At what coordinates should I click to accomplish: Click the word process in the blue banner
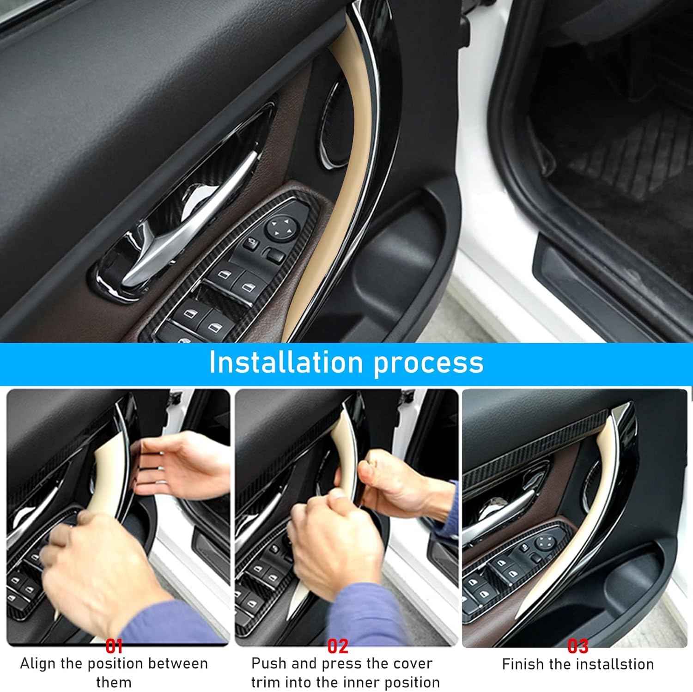(428, 364)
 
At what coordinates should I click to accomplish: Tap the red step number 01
(114, 646)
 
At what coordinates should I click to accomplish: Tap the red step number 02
(337, 646)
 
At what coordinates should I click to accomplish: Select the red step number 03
(577, 646)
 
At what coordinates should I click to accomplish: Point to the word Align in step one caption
(38, 664)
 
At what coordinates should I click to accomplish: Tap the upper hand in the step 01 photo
(180, 467)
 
